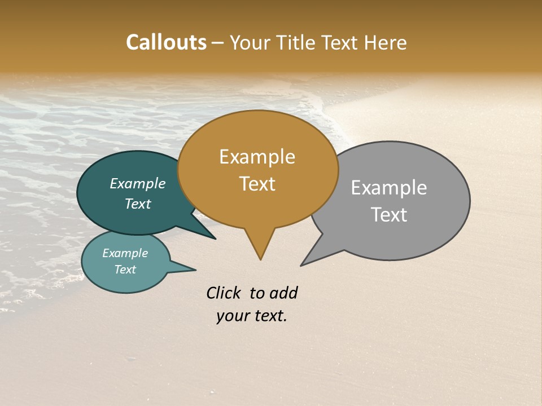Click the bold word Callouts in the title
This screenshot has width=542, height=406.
click(166, 42)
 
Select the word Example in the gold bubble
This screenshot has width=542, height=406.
click(257, 157)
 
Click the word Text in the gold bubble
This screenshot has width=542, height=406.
click(257, 183)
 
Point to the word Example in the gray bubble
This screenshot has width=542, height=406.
click(388, 188)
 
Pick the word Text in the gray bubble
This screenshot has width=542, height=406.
click(388, 215)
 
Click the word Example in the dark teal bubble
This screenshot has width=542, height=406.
click(137, 183)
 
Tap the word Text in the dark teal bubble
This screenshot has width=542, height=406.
click(137, 204)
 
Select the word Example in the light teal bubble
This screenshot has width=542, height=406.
click(125, 253)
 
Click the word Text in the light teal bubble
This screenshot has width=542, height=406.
click(125, 270)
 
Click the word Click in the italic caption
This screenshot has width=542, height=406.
click(225, 293)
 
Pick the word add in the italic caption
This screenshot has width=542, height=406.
click(283, 293)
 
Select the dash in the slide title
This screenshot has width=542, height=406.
click(218, 43)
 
